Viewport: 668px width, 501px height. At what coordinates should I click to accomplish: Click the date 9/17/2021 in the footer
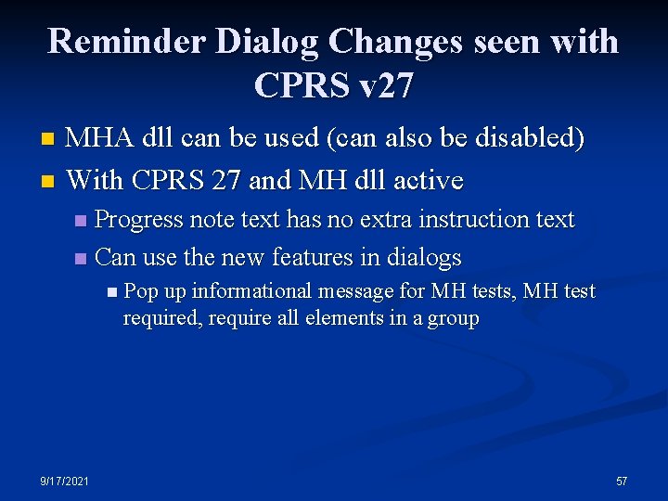[64, 481]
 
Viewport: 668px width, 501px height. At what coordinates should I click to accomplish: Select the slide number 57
[622, 481]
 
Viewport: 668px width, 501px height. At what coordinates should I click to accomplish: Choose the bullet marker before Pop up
[112, 292]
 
